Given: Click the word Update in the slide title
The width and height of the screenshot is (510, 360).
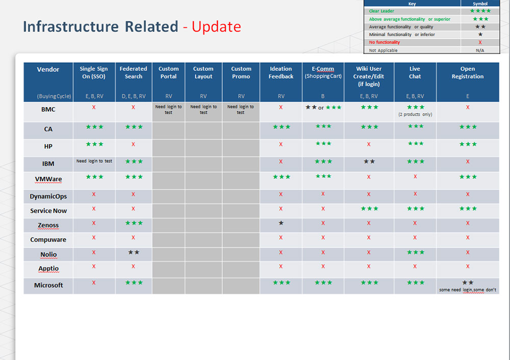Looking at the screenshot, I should click(216, 27).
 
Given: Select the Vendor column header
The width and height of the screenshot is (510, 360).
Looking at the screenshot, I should click(48, 69).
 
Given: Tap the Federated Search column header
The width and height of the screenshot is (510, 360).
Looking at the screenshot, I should click(133, 72).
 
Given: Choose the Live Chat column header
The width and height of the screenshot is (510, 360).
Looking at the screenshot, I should click(415, 72).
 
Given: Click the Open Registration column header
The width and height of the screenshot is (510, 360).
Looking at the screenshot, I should click(467, 72).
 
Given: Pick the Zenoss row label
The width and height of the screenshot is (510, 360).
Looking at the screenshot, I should click(48, 225).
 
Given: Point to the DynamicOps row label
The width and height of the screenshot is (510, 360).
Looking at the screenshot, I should click(48, 196).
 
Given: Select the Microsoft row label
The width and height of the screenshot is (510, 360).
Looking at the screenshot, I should click(48, 285).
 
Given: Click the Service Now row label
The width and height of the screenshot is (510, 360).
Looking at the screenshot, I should click(48, 211).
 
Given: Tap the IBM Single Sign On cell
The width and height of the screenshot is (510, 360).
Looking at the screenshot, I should click(94, 161).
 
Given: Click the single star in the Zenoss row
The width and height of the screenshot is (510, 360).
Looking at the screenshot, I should click(281, 223).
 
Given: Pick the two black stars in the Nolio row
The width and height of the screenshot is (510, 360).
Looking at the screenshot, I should click(134, 252).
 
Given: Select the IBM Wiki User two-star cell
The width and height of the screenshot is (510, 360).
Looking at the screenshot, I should click(369, 161).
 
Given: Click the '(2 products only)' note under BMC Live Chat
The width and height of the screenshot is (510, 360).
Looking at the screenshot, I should click(415, 114).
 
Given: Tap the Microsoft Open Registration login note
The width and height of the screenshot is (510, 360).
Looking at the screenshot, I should click(467, 290).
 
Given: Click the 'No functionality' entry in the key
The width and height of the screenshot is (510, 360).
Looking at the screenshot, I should click(385, 42).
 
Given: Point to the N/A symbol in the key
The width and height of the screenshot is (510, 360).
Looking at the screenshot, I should click(480, 50).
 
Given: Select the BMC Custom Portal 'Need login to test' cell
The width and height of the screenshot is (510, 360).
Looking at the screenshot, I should click(168, 109).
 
